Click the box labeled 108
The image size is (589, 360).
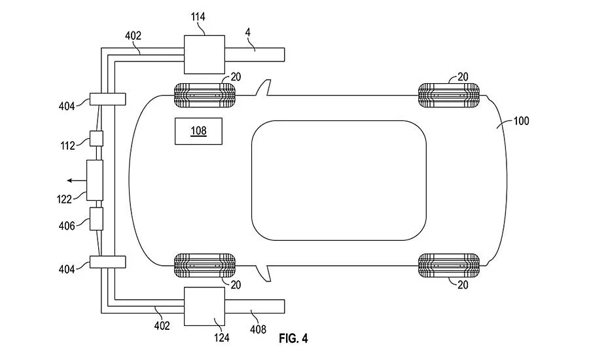198,131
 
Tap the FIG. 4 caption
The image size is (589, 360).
293,338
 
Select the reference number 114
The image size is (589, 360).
198,17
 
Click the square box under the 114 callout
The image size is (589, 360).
204,54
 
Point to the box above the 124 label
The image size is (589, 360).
204,306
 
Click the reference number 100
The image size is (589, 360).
521,121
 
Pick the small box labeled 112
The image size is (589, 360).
96,138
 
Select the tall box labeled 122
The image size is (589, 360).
95,181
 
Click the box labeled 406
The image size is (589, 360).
96,219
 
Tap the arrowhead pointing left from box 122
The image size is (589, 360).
69,181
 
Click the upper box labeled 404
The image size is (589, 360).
107,99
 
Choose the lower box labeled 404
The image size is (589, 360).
107,262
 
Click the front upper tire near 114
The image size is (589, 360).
205,96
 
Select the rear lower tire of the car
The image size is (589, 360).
449,265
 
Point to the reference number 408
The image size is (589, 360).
258,329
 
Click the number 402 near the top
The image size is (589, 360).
133,36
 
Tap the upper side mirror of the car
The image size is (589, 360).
263,88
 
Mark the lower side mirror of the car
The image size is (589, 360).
263,273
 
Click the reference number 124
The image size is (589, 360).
222,338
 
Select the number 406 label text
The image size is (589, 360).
67,226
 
